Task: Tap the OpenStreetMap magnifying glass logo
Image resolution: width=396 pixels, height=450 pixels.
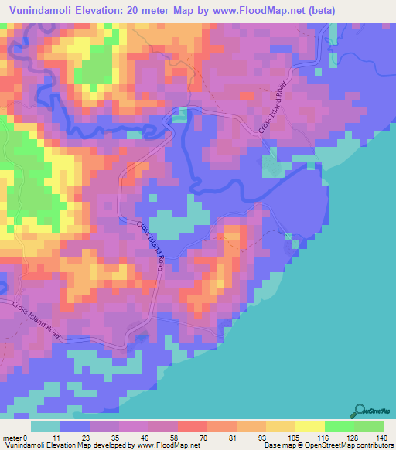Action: point(360,411)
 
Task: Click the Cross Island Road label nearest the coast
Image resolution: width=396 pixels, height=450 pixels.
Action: point(274,108)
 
